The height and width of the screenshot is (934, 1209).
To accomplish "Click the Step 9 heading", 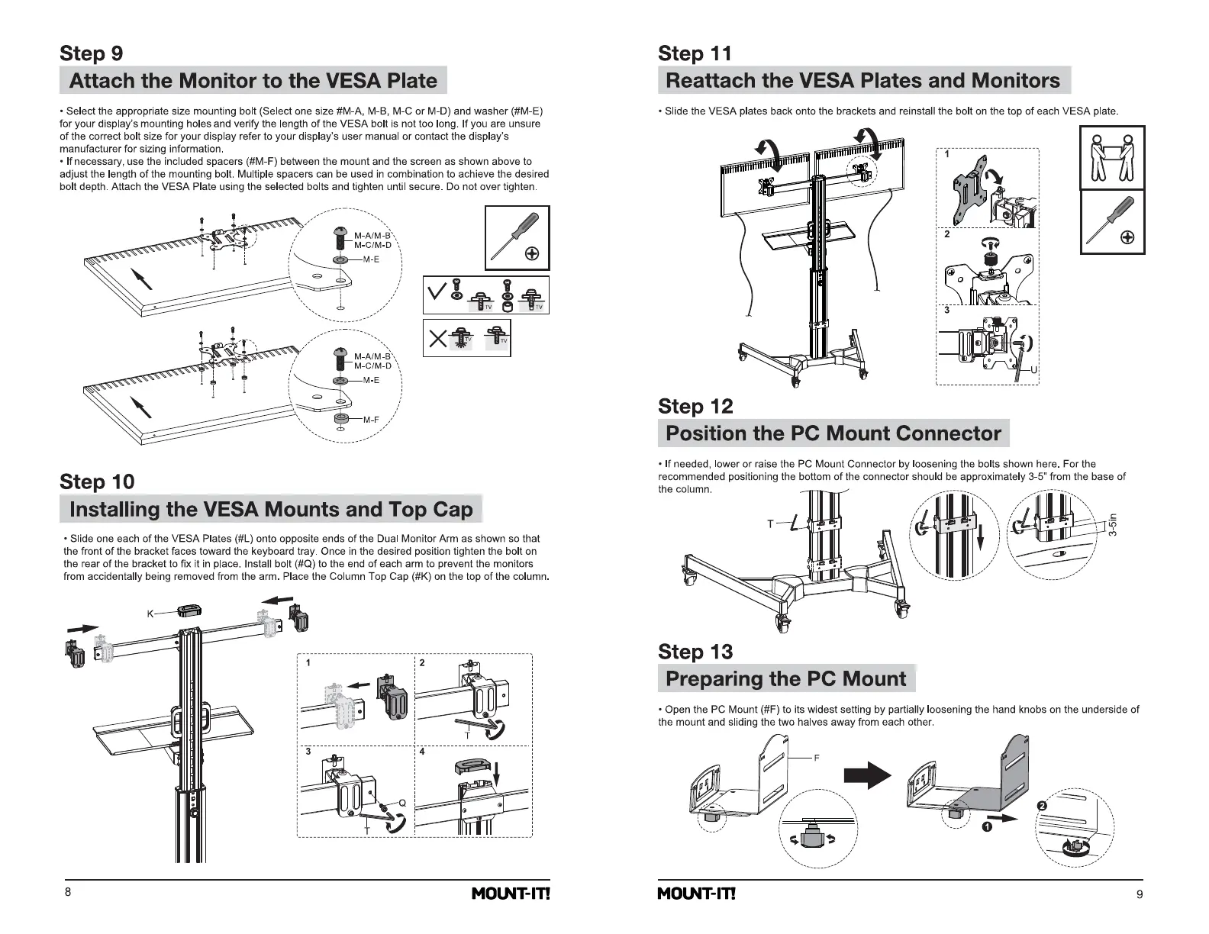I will (x=91, y=53).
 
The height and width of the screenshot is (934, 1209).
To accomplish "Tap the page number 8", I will (x=68, y=893).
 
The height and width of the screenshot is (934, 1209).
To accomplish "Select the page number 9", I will (x=1140, y=895).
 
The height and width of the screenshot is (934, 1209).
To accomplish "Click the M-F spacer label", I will (x=372, y=420).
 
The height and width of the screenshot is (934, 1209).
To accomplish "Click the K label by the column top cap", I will (x=150, y=614).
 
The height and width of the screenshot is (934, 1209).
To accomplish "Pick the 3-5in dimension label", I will (x=1114, y=524).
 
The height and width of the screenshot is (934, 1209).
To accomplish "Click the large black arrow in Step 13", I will (x=867, y=776).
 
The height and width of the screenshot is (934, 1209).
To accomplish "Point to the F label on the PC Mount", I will (x=816, y=758).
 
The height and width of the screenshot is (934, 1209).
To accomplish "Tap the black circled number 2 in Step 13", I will (x=1043, y=807).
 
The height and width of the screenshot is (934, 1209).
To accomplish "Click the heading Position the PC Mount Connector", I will (x=833, y=433).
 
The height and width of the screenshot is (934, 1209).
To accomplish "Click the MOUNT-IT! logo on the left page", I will (x=511, y=894).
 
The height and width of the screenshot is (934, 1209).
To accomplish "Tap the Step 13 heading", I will (x=695, y=652).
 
